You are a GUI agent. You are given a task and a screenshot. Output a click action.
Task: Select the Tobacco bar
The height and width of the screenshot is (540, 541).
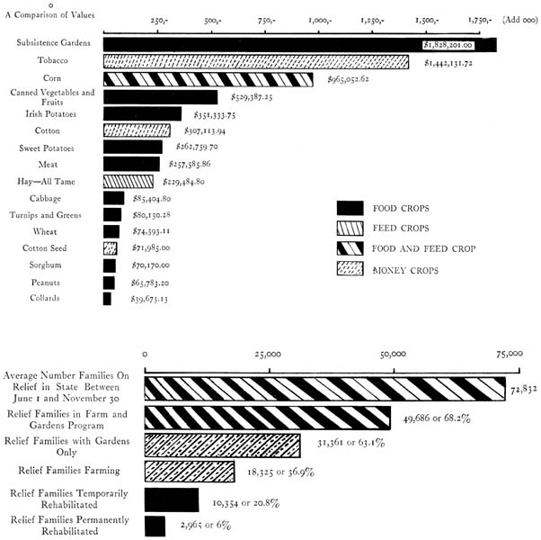tap(256, 61)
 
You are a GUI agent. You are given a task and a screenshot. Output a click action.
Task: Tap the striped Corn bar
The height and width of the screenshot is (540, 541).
tap(208, 79)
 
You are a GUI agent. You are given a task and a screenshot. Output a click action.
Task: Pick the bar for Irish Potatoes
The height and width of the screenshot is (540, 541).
tap(142, 114)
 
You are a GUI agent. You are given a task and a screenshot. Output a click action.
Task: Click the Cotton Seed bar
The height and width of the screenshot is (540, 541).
tap(110, 248)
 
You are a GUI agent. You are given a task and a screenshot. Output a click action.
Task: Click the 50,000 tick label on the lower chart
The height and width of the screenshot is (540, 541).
tap(394, 354)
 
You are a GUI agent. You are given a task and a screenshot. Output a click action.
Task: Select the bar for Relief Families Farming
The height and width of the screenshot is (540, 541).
tap(190, 472)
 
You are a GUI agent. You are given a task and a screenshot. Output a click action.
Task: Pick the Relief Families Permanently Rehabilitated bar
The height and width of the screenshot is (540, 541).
tap(155, 526)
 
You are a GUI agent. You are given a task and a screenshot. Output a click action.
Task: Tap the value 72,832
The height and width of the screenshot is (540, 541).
tap(524, 391)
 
